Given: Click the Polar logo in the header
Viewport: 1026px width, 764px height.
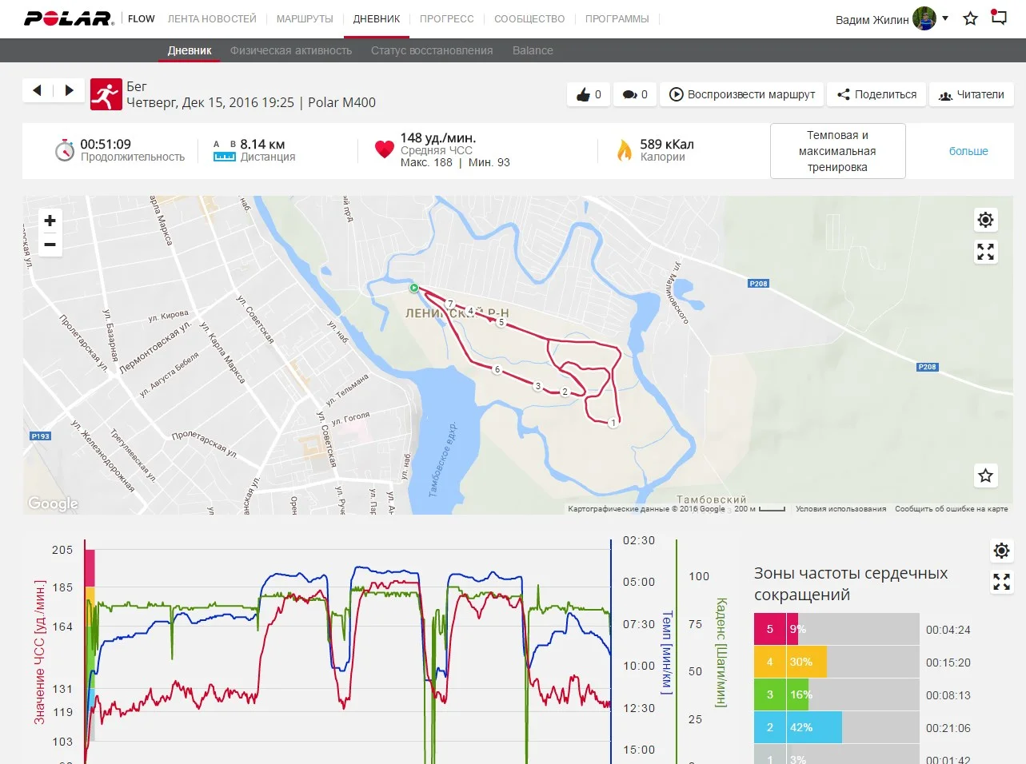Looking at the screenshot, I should [x=69, y=18].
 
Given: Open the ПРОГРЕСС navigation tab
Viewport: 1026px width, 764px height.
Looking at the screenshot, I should [x=446, y=18].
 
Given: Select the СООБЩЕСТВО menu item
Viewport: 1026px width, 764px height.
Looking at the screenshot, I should [x=529, y=18].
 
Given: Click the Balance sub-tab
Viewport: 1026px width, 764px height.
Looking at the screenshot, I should [x=533, y=50].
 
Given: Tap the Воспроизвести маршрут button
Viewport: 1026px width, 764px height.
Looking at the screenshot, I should [x=742, y=94].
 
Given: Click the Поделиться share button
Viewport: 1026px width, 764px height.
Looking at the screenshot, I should [x=876, y=94].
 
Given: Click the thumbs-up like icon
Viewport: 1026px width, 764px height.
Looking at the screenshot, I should [x=583, y=94].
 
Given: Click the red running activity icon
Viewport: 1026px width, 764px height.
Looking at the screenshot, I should [x=106, y=94].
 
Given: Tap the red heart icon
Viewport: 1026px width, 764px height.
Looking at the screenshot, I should [x=385, y=149].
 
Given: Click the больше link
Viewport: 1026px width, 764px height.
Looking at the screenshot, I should [x=968, y=151].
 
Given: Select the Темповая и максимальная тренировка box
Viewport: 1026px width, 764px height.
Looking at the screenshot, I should [x=837, y=151].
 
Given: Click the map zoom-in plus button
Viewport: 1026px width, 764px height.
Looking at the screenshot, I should [x=50, y=221].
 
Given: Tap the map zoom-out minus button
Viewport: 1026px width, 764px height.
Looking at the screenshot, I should [x=50, y=245].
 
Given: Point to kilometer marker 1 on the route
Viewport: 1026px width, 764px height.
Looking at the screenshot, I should [x=613, y=423].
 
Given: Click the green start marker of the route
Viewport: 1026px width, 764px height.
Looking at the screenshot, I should [x=414, y=288].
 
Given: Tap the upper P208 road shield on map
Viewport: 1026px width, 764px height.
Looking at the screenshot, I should [x=758, y=284].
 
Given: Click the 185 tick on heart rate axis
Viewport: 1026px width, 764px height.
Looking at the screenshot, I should [x=62, y=587].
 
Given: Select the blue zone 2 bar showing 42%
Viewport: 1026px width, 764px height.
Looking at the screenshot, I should [x=797, y=727].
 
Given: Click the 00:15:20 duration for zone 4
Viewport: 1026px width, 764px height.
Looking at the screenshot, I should [x=948, y=663].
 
